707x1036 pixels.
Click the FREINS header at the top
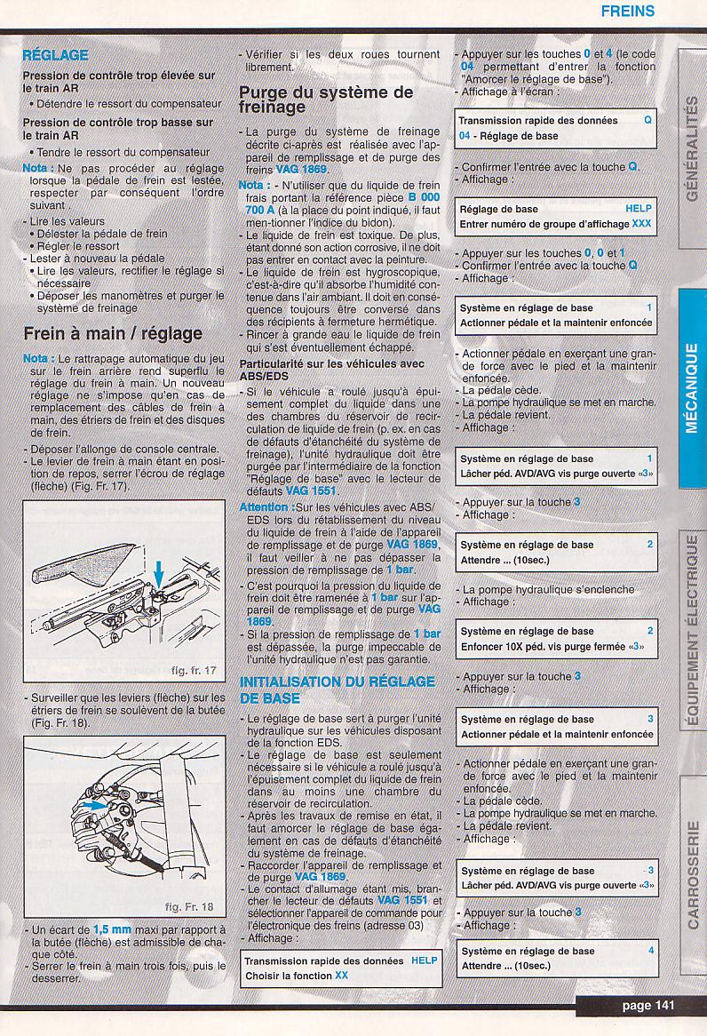627,12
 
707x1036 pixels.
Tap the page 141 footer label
648,1006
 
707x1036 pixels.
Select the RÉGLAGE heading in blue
55,55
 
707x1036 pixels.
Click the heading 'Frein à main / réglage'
113,334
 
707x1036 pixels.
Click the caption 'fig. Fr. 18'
189,907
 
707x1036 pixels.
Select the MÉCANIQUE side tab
692,387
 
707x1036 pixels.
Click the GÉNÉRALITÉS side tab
692,147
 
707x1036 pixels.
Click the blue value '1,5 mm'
112,929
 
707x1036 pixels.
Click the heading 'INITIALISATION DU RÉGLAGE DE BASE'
338,689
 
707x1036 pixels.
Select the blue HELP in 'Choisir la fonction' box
425,960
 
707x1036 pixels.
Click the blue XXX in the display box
641,224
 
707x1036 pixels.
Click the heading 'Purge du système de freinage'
326,99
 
